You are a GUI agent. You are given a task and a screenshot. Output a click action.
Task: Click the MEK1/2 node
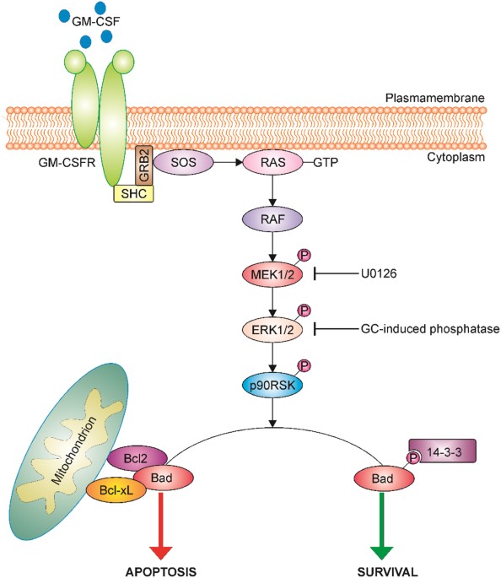(272, 274)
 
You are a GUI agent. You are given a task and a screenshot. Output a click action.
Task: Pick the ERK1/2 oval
(272, 328)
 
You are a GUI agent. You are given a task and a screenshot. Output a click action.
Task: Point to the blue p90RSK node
(272, 381)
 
